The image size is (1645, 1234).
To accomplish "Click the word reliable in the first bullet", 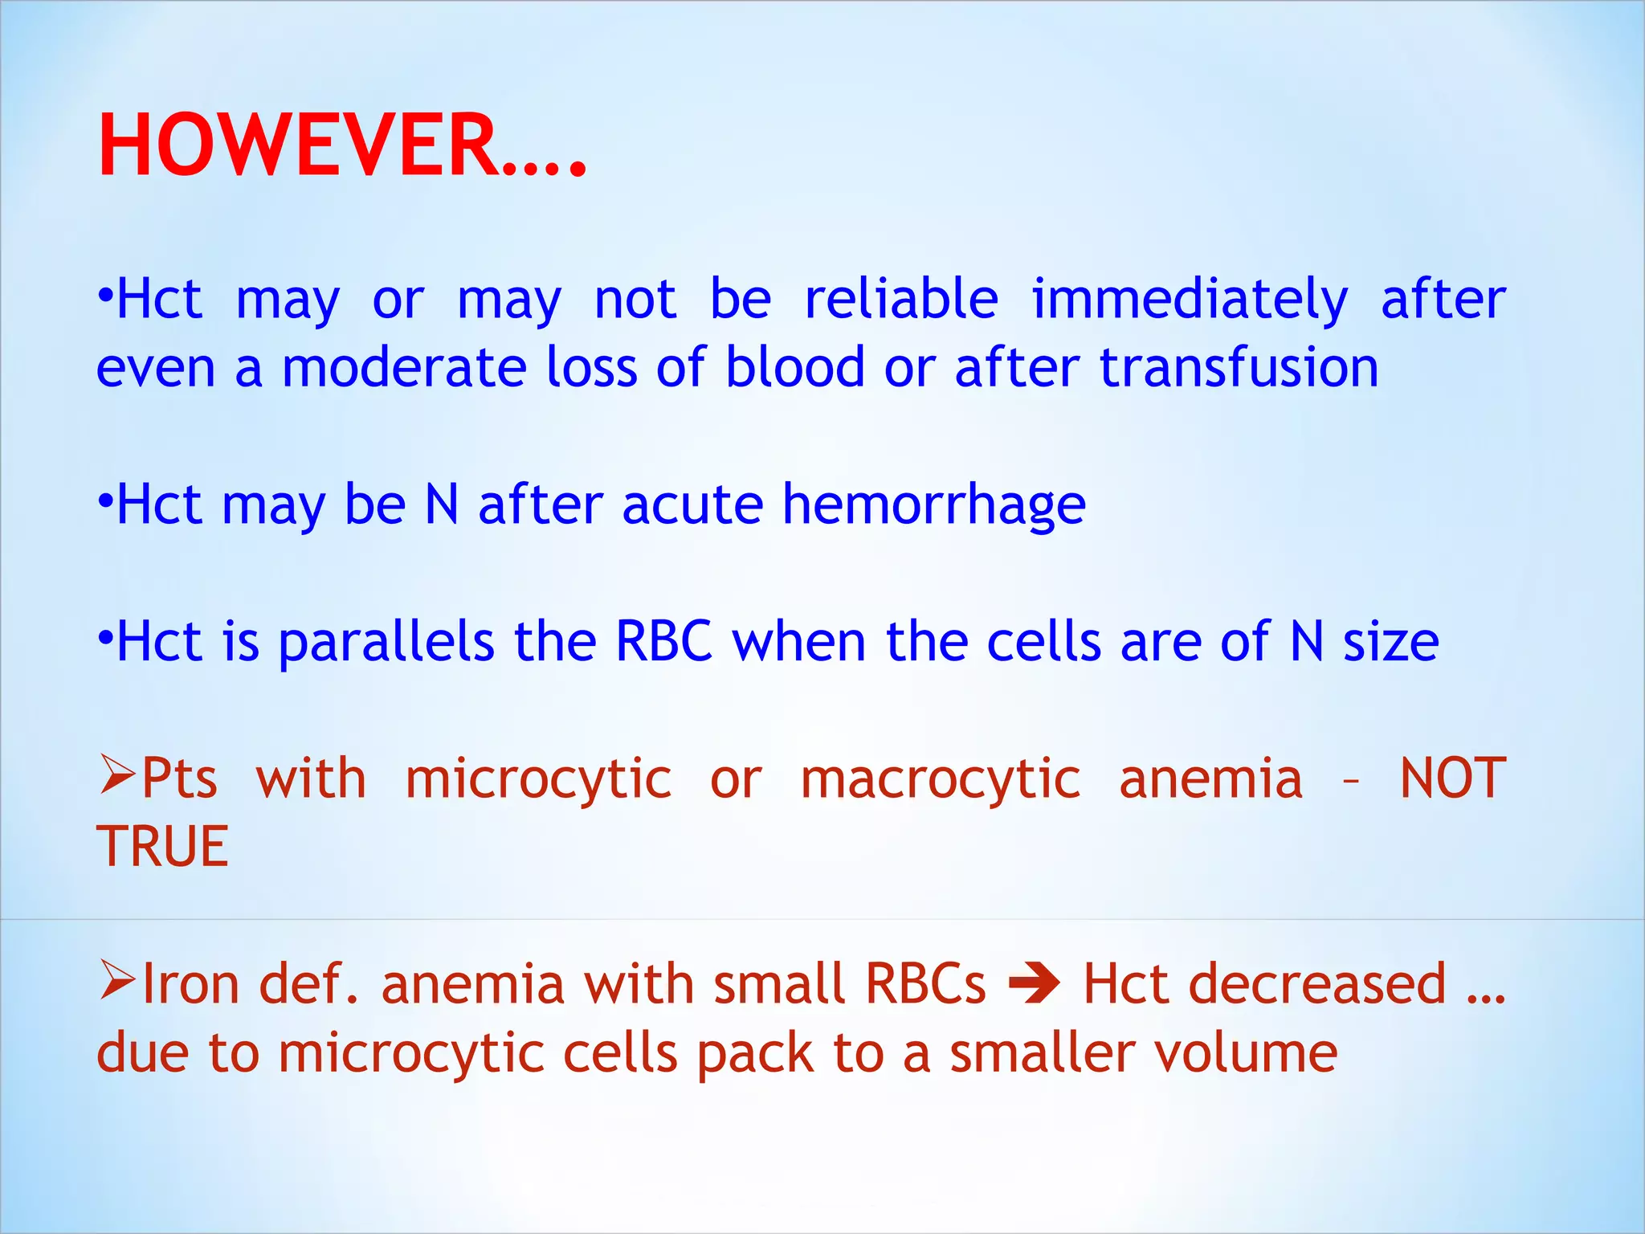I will pyautogui.click(x=901, y=299).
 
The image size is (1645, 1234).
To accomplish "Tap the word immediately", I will pyautogui.click(x=1189, y=299).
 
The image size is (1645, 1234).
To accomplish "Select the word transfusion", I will pyautogui.click(x=1239, y=368).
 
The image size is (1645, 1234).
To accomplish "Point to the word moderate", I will pyautogui.click(x=404, y=368).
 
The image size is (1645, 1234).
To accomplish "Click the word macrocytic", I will pyautogui.click(x=941, y=778).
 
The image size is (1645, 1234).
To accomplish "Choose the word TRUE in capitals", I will pyautogui.click(x=162, y=847).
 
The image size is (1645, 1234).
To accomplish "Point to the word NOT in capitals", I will pyautogui.click(x=1452, y=778).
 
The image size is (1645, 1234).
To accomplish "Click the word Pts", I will pyautogui.click(x=179, y=778).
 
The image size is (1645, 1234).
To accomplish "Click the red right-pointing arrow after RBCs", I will pyautogui.click(x=1034, y=983).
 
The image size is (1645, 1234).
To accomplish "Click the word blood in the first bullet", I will pyautogui.click(x=794, y=368).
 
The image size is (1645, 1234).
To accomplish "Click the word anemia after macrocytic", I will pyautogui.click(x=1210, y=778).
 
